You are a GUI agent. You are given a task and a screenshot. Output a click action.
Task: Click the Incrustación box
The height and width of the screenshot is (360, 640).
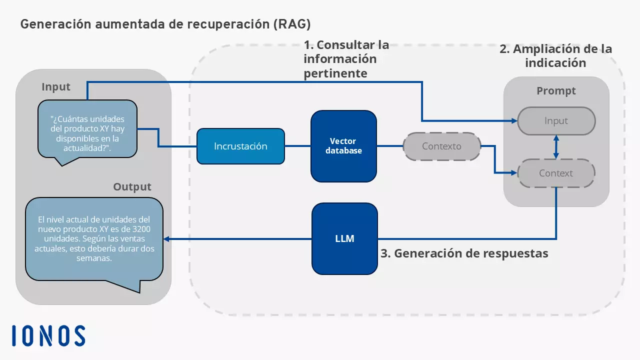pyautogui.click(x=240, y=146)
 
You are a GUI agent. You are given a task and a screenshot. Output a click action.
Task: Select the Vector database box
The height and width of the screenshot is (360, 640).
pyautogui.click(x=343, y=146)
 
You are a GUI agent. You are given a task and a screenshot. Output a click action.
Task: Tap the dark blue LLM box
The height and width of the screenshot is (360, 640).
pyautogui.click(x=344, y=238)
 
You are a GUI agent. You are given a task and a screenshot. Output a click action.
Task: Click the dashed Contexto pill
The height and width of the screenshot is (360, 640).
pyautogui.click(x=441, y=146)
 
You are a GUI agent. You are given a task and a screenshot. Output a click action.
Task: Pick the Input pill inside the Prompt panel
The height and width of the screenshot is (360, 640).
pyautogui.click(x=556, y=121)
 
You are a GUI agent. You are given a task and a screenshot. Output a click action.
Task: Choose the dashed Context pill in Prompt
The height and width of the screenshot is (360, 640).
pyautogui.click(x=556, y=173)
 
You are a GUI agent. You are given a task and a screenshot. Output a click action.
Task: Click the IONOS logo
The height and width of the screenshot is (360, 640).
pyautogui.click(x=48, y=335)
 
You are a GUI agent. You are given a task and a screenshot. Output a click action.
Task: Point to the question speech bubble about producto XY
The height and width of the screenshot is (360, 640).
pyautogui.click(x=87, y=129)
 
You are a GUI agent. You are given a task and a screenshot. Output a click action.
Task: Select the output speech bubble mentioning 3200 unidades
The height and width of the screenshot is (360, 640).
pyautogui.click(x=94, y=239)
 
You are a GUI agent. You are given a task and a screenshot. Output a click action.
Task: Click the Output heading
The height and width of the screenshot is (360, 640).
pyautogui.click(x=132, y=187)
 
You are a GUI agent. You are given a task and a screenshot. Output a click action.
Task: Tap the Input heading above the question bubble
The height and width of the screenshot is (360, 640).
pyautogui.click(x=56, y=87)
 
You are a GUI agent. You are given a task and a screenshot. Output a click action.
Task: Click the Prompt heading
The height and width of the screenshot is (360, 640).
pyautogui.click(x=556, y=91)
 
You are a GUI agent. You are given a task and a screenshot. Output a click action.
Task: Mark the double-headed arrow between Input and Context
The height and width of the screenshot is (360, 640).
pyautogui.click(x=556, y=147)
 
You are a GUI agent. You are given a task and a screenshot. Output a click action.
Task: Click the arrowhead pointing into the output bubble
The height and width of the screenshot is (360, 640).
pyautogui.click(x=167, y=239)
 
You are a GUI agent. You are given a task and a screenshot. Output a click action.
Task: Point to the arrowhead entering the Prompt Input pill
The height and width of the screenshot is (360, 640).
pyautogui.click(x=513, y=121)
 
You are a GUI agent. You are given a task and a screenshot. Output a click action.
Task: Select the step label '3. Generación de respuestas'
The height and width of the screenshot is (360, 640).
pyautogui.click(x=464, y=253)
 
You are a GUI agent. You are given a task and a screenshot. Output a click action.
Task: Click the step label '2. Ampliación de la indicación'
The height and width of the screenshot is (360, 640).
pyautogui.click(x=556, y=56)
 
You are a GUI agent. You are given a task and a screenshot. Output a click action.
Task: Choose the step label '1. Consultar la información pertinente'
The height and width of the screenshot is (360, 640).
pyautogui.click(x=346, y=59)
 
